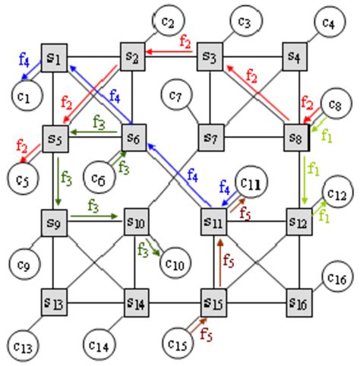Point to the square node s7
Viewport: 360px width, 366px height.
(x=212, y=138)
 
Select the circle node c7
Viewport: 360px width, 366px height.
(x=177, y=97)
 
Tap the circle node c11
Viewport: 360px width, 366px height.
(x=251, y=185)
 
